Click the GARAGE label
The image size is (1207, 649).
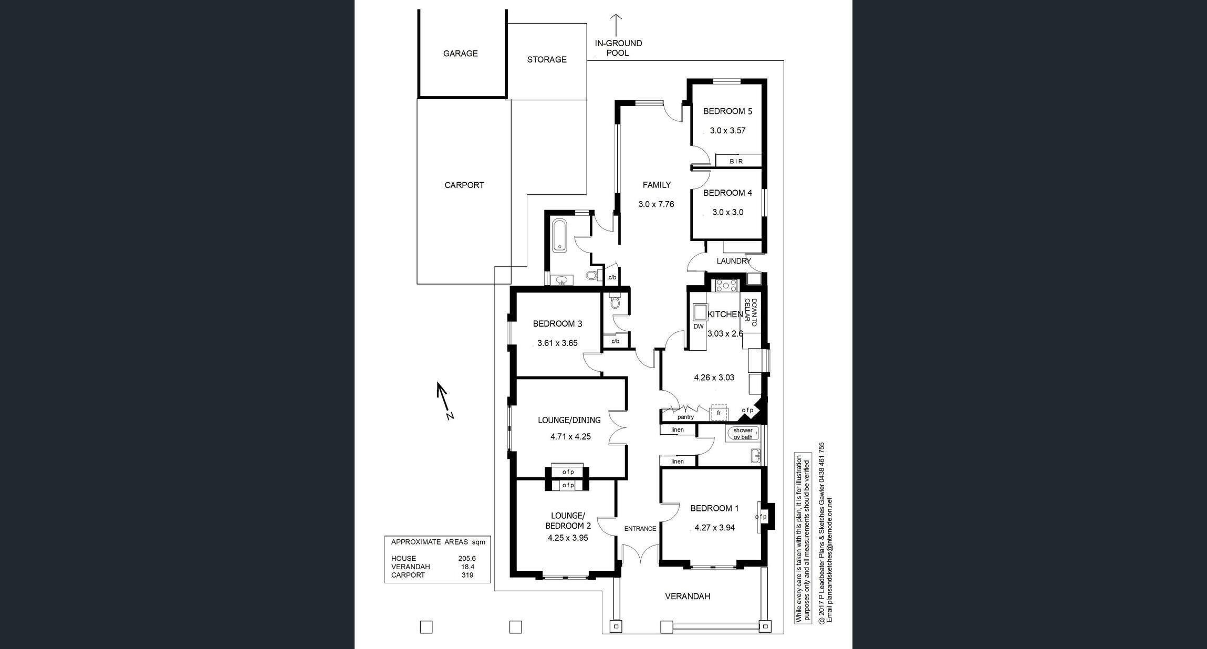pyautogui.click(x=460, y=54)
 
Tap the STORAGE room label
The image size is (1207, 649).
pyautogui.click(x=547, y=60)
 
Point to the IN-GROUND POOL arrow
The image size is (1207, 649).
pyautogui.click(x=616, y=24)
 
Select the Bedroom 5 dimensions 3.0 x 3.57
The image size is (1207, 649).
pyautogui.click(x=727, y=131)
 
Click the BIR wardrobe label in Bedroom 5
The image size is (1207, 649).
pyautogui.click(x=736, y=161)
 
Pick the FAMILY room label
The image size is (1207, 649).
pyautogui.click(x=657, y=185)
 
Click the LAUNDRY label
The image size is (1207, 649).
pyautogui.click(x=733, y=261)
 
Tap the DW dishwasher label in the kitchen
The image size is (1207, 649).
pyautogui.click(x=698, y=327)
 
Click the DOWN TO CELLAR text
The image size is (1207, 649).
pyautogui.click(x=751, y=313)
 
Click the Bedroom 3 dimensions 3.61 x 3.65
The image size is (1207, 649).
pyautogui.click(x=557, y=343)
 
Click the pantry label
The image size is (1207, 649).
pyautogui.click(x=685, y=417)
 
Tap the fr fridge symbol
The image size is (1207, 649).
pyautogui.click(x=719, y=413)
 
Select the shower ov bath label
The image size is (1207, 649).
pyautogui.click(x=743, y=434)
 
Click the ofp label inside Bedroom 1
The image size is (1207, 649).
pyautogui.click(x=761, y=517)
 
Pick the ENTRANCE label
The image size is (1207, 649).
pyautogui.click(x=640, y=529)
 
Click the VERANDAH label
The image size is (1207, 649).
pyautogui.click(x=688, y=596)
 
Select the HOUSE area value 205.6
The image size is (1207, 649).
pyautogui.click(x=467, y=559)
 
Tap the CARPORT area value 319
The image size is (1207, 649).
pyautogui.click(x=467, y=575)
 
